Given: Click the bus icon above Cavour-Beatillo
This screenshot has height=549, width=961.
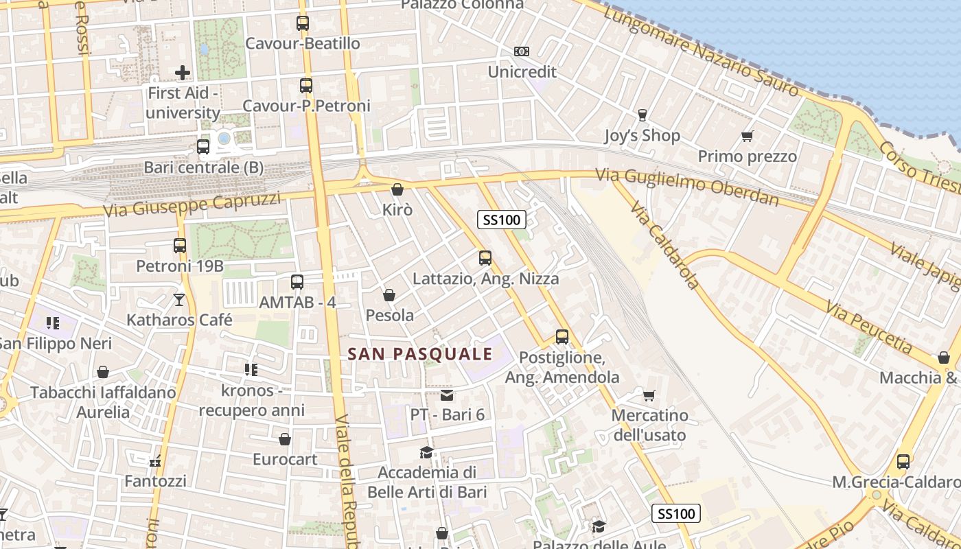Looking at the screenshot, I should point(303,23).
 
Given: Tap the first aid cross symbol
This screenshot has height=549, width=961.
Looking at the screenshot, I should point(183,72).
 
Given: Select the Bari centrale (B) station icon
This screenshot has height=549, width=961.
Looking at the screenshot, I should point(203,146).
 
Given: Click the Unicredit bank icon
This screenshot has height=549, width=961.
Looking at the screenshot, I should point(522,51).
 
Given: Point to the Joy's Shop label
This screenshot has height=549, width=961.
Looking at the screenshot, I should point(642,136).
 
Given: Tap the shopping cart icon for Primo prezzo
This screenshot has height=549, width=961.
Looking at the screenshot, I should point(748,136).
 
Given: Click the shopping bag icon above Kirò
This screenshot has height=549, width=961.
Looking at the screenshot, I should point(397,189).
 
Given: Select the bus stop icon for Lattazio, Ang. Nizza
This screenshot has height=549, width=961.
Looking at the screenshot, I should point(485,258).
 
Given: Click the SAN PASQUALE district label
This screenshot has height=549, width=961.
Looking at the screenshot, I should point(420,354).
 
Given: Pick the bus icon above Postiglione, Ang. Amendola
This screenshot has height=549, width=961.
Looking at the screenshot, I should point(562,337).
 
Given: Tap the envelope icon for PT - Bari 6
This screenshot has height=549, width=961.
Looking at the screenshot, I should point(447,395).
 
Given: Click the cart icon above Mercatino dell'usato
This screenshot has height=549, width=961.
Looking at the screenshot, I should point(649,395).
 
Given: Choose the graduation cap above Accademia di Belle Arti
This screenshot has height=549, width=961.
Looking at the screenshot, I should point(427,452).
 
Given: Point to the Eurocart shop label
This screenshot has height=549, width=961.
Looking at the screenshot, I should point(285,459).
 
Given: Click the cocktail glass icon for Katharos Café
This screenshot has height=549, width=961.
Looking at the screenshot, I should point(179,299).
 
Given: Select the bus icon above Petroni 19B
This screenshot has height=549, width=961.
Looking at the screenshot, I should point(180,245).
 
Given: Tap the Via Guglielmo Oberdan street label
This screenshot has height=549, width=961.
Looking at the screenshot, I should point(687,187).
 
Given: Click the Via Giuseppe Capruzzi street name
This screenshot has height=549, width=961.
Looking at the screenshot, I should point(192,203).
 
